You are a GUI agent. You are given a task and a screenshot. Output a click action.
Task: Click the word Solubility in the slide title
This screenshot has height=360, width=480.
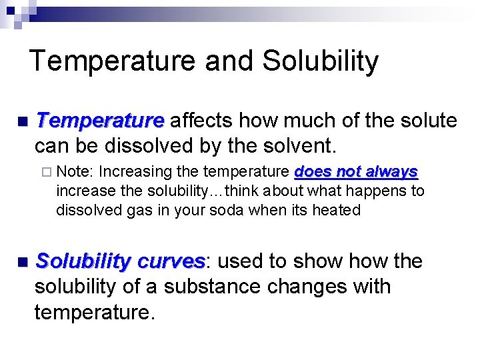click(x=320, y=61)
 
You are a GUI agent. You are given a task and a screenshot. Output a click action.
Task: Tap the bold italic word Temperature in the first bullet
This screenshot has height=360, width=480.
click(x=100, y=121)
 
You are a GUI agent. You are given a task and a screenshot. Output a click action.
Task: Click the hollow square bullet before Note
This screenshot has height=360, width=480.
click(x=47, y=172)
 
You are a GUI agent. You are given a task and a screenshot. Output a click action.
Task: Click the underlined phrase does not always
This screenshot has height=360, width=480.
click(x=356, y=172)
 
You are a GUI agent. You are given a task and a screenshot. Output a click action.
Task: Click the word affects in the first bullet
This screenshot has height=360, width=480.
click(x=201, y=121)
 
